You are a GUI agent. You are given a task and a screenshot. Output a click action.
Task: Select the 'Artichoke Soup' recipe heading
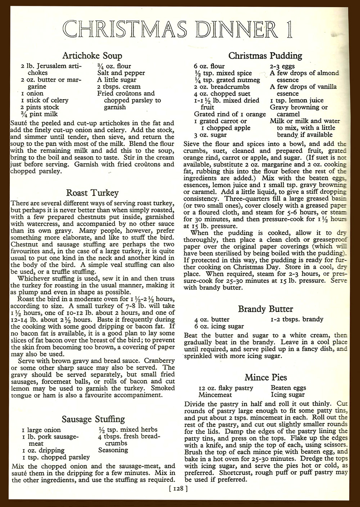(92, 56)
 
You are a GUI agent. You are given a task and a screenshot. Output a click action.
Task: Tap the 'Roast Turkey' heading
(93, 193)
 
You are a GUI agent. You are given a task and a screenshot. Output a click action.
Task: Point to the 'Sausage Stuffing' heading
(93, 419)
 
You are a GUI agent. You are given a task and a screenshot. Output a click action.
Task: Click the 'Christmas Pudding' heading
(265, 56)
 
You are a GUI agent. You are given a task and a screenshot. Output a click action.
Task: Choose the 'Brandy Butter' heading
(266, 309)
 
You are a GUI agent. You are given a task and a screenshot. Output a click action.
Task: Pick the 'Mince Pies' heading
(266, 377)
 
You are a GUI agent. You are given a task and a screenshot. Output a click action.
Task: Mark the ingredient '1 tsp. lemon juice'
(297, 100)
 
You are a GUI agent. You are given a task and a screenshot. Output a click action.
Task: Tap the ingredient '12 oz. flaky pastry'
(226, 388)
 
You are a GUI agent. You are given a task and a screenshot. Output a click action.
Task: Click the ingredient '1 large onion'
(41, 430)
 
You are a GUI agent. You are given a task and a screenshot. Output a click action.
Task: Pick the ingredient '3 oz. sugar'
(210, 135)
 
